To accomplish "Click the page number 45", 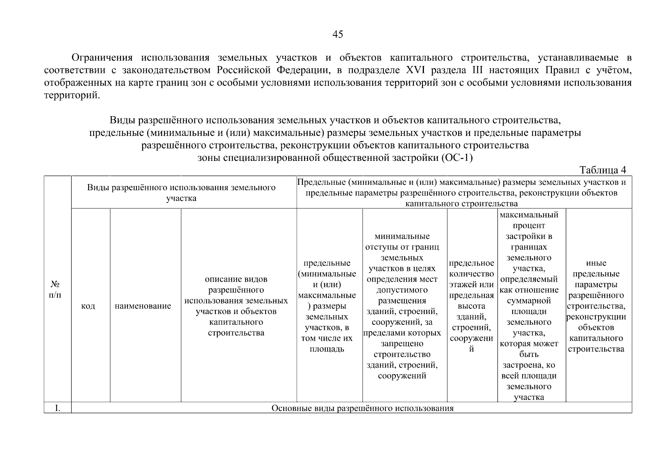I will pos(338,35).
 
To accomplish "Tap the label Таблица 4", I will pos(603,170).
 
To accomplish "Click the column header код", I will pos(88,306).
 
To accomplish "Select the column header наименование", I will pos(143,306).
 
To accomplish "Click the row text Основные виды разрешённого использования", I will pos(362,408).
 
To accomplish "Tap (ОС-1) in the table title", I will pos(456,158).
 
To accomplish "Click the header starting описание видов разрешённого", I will pos(236,306).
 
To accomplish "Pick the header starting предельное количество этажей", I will pos(471,306).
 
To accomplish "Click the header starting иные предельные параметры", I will pos(596,306).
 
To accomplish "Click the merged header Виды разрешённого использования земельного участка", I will pos(181,193).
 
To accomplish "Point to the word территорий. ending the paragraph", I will pos(72,95).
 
